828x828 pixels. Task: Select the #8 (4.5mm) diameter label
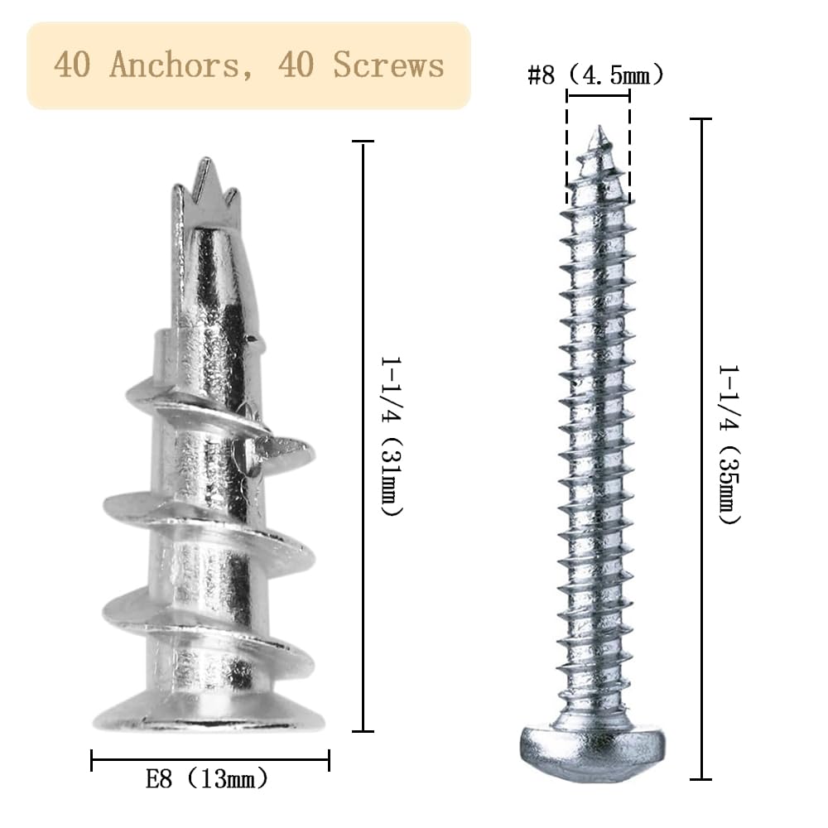(x=595, y=75)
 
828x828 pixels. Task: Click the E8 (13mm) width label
(x=207, y=778)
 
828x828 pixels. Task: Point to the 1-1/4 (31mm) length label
(x=392, y=436)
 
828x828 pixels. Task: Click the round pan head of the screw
(x=593, y=752)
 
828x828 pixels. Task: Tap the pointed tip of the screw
(x=599, y=128)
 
